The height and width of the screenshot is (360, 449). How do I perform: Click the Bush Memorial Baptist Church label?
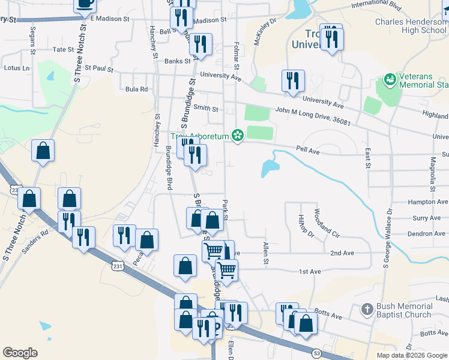point(403,310)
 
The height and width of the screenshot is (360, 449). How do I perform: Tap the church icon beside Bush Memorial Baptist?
point(367,310)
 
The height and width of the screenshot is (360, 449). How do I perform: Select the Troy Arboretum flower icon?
point(238,136)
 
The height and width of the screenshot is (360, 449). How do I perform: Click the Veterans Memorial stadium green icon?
point(390,79)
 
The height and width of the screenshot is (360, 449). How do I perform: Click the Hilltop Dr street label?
point(306,226)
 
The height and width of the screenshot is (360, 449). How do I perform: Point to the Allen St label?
point(265,253)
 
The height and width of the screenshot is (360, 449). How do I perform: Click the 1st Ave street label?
point(310,272)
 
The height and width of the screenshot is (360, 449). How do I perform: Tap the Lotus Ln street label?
point(17,68)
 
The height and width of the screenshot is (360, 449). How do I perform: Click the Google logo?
point(20,353)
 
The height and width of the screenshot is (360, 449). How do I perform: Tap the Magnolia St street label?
point(432,171)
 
